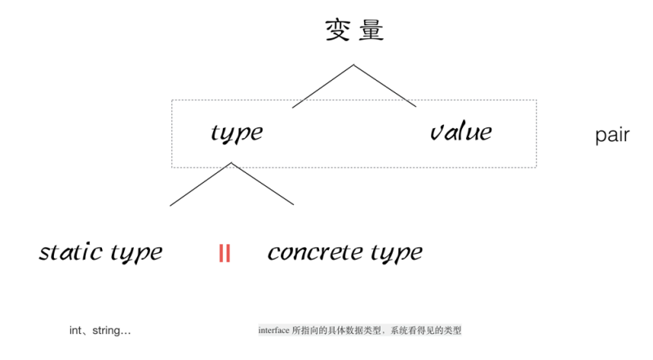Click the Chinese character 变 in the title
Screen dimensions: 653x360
pyautogui.click(x=337, y=30)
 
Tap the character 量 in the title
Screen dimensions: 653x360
pyautogui.click(x=371, y=30)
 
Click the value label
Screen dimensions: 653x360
pyautogui.click(x=461, y=131)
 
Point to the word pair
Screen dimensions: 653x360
pyautogui.click(x=612, y=136)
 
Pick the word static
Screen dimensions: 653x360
pyautogui.click(x=71, y=251)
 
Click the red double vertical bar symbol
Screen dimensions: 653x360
pyautogui.click(x=224, y=253)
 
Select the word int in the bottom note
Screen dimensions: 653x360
pyautogui.click(x=75, y=331)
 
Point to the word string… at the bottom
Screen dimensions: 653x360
pyautogui.click(x=112, y=331)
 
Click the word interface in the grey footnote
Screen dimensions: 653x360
pyautogui.click(x=273, y=331)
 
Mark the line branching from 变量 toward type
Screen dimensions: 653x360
pyautogui.click(x=323, y=87)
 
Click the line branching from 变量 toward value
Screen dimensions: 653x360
pyautogui.click(x=385, y=86)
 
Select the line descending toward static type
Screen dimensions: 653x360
pyautogui.click(x=201, y=184)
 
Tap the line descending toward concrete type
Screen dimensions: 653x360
pyautogui.click(x=263, y=184)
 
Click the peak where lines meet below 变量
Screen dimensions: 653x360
pyautogui.click(x=354, y=64)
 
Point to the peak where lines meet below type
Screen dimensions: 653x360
pyautogui.click(x=232, y=162)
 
